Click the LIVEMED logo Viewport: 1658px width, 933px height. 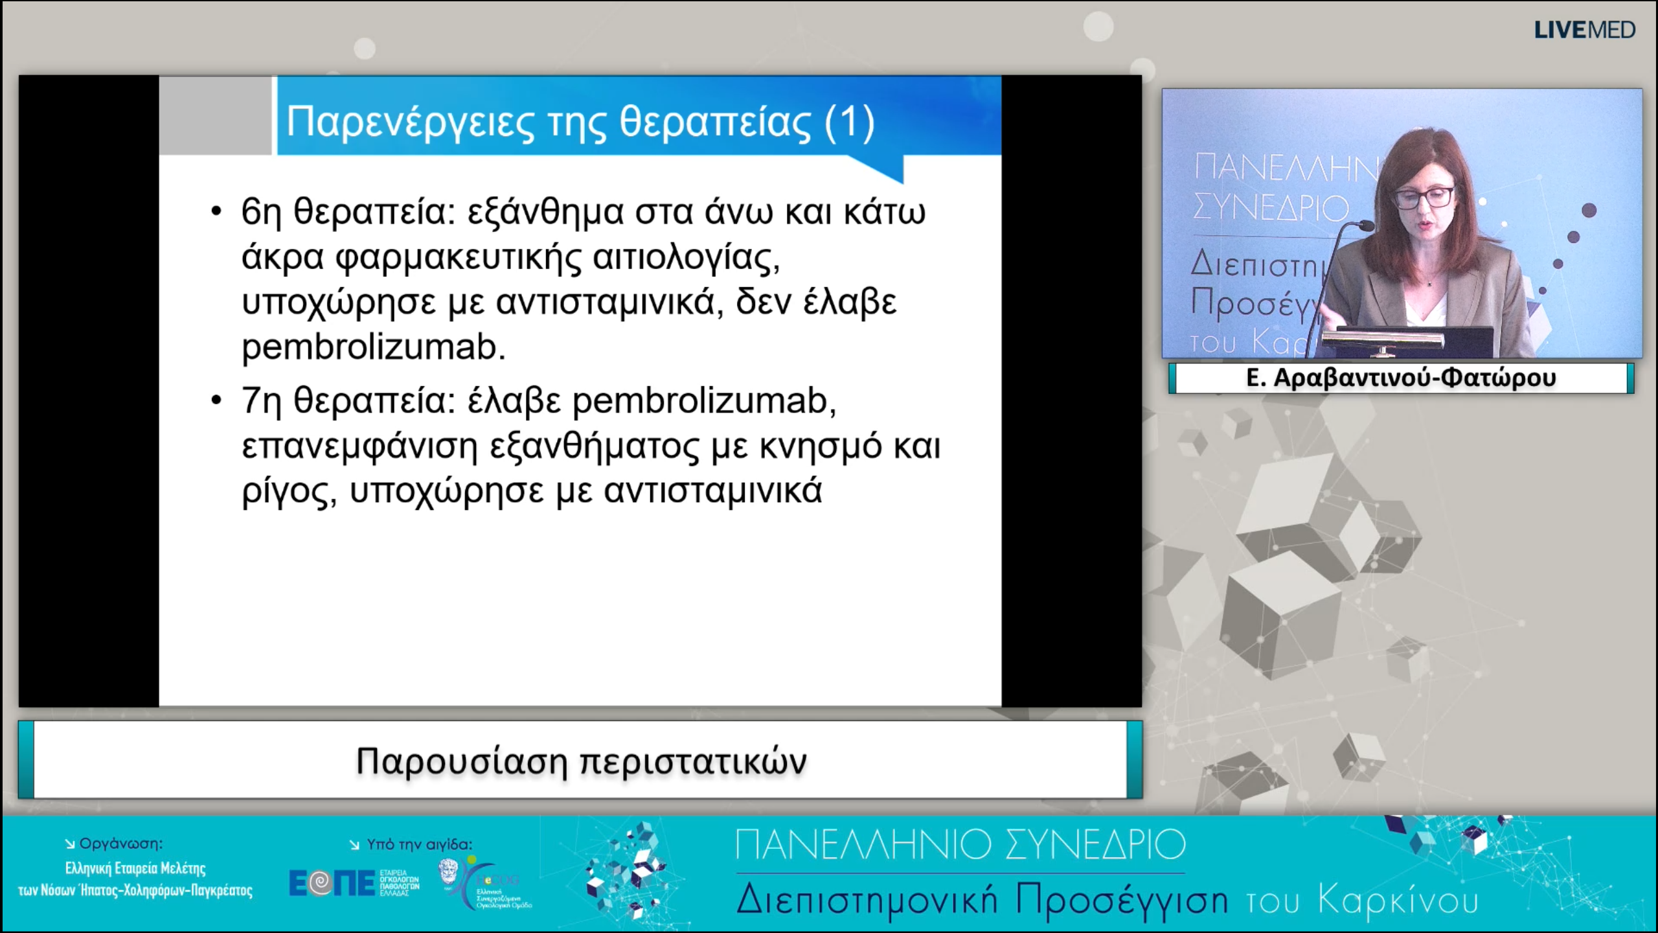(x=1584, y=30)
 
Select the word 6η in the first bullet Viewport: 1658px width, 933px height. (x=260, y=211)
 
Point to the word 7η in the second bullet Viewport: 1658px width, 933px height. (x=260, y=400)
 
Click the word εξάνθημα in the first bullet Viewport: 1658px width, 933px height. (x=545, y=211)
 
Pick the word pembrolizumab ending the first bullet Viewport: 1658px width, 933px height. (x=372, y=347)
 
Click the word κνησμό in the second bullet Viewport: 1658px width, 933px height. (x=820, y=446)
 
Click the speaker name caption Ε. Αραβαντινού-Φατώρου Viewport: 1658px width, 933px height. (x=1400, y=378)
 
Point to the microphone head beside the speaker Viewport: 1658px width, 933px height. (x=1364, y=225)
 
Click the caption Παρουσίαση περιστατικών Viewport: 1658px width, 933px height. (x=581, y=761)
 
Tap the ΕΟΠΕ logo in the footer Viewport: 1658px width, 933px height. (x=332, y=882)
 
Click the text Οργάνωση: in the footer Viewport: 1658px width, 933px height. (x=120, y=844)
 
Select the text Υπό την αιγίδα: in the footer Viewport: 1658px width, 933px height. (x=419, y=844)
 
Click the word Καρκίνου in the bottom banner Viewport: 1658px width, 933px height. (x=1398, y=901)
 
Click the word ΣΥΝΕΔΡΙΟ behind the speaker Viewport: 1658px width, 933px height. (x=1271, y=209)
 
